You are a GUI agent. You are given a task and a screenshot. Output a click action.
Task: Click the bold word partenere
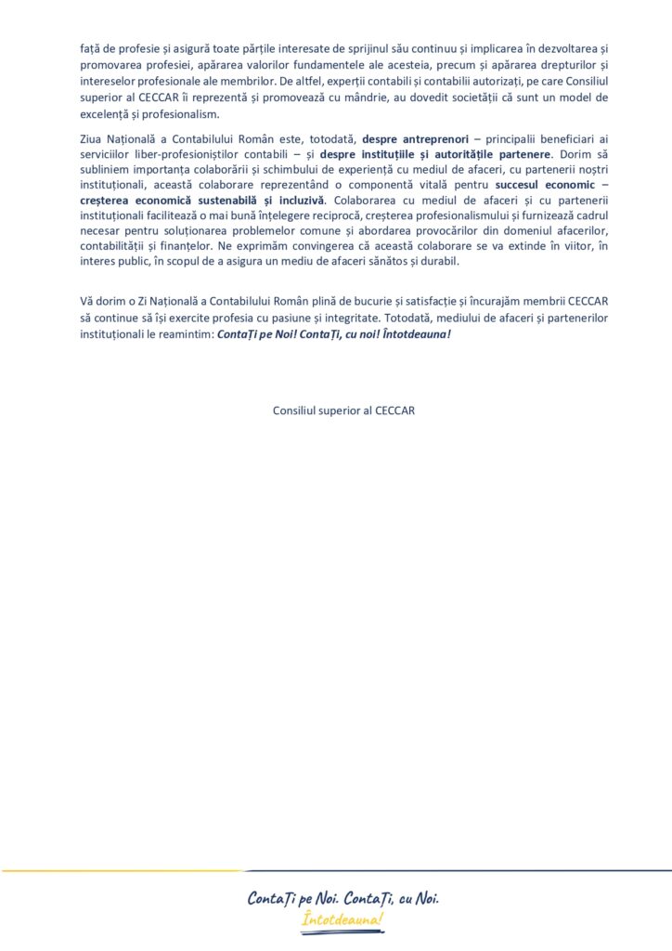(x=520, y=155)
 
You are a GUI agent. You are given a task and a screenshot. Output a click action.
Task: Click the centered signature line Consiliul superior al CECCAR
(x=344, y=410)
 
